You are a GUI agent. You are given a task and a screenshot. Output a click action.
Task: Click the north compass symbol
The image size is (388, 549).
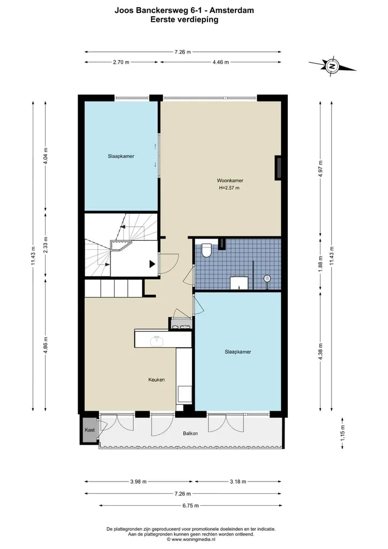332,65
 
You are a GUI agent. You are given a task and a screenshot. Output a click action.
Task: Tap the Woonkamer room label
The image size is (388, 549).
230,181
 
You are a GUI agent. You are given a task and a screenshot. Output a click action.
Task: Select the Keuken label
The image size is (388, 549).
156,379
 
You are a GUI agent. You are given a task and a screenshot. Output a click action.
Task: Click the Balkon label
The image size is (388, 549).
190,433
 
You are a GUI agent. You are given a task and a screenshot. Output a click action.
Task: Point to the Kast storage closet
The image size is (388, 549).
89,430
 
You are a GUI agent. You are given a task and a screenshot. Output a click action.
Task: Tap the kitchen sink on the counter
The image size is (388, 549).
157,341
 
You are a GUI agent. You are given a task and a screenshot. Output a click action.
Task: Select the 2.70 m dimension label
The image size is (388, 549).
121,62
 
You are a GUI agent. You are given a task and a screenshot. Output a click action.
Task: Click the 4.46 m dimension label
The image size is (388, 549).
220,62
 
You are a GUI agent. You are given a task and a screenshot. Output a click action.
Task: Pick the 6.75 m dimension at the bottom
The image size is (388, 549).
191,506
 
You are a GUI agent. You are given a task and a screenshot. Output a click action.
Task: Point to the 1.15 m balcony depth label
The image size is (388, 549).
343,433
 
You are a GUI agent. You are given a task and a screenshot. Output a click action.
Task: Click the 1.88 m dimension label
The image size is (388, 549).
321,263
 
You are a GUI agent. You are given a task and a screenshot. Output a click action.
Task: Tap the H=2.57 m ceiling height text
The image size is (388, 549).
230,188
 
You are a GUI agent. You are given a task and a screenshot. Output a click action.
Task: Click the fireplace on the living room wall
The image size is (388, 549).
278,168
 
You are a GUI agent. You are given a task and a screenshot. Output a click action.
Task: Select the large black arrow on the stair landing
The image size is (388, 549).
153,264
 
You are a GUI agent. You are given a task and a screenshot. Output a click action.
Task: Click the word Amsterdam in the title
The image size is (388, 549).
232,10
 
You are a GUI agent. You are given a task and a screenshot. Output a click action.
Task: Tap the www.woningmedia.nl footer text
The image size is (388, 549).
191,539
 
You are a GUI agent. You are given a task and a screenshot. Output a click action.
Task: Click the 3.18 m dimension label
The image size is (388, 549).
238,482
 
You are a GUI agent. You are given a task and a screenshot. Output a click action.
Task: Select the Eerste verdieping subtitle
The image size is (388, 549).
184,19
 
